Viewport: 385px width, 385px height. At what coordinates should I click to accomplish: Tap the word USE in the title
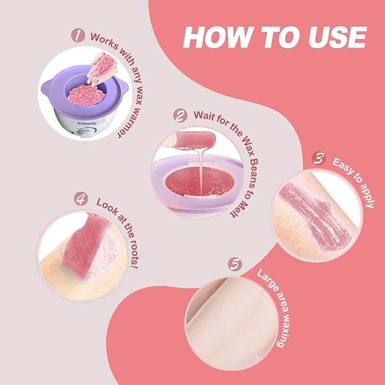coord(337,37)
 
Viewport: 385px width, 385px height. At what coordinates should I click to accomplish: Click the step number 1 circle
coord(78,35)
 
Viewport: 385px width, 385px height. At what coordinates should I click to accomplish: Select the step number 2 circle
coord(180,115)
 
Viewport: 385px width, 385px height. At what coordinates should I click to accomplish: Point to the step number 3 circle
coord(319,158)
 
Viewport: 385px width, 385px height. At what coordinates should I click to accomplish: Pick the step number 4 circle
coord(81,199)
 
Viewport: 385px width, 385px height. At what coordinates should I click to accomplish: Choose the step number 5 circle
coord(235,264)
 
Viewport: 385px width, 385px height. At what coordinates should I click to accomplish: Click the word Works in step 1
coord(104,40)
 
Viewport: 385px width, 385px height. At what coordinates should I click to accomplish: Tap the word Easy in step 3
coord(342,167)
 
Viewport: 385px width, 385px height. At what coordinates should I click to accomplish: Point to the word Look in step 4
coord(106,206)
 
